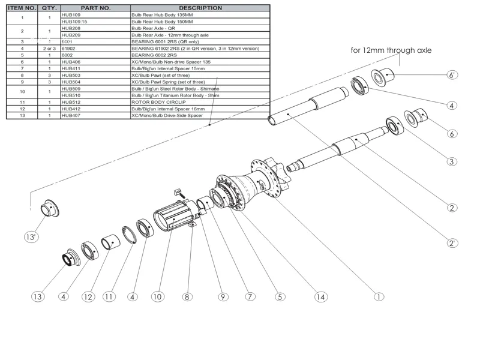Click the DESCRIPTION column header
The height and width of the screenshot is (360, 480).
(x=200, y=8)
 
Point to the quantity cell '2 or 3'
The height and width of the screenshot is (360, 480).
(x=49, y=48)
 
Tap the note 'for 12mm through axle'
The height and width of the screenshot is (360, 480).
(x=391, y=50)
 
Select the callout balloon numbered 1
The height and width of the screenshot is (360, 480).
(x=379, y=296)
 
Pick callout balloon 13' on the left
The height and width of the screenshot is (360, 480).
(x=31, y=237)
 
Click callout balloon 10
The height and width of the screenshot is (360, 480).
(x=157, y=296)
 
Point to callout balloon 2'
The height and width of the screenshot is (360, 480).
(x=452, y=243)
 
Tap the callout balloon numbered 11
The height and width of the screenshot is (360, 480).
(x=109, y=296)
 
